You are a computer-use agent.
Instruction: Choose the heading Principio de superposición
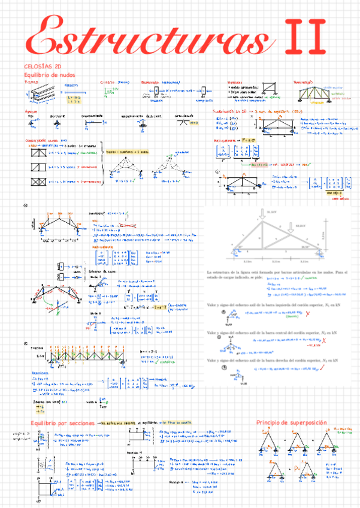291,422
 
